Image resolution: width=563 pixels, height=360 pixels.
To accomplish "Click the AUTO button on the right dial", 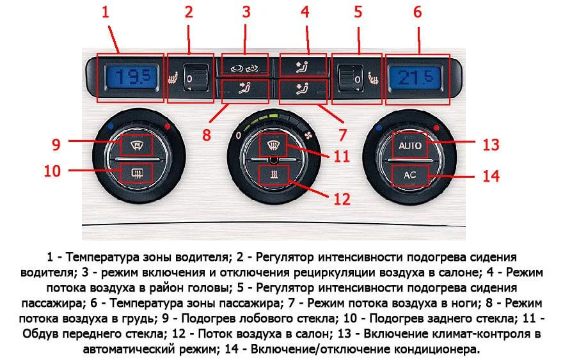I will [x=410, y=146].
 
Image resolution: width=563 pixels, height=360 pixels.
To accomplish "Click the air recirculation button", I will [x=246, y=66].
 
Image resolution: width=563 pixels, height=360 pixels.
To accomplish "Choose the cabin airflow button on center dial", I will [x=274, y=174].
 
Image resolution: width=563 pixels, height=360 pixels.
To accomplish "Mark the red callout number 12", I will [x=342, y=199].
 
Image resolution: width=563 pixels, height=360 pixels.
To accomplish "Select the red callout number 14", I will [x=490, y=176].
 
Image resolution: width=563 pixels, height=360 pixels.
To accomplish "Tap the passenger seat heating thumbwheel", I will [x=351, y=79].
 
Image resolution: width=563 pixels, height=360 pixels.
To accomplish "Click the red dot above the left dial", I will [x=168, y=128].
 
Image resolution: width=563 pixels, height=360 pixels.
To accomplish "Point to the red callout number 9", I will [x=57, y=145].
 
